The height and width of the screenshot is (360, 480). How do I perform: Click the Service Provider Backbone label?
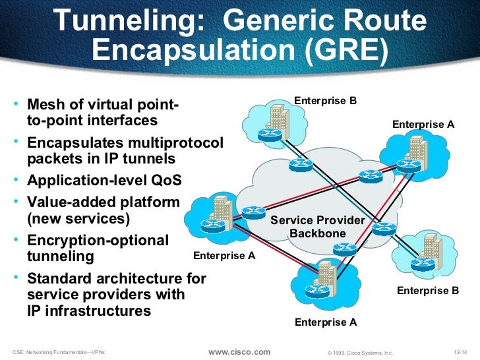317,227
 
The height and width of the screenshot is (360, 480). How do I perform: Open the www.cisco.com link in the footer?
239,352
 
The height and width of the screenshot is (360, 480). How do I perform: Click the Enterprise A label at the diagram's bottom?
325,322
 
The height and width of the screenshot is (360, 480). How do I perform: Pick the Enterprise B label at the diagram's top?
325,100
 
